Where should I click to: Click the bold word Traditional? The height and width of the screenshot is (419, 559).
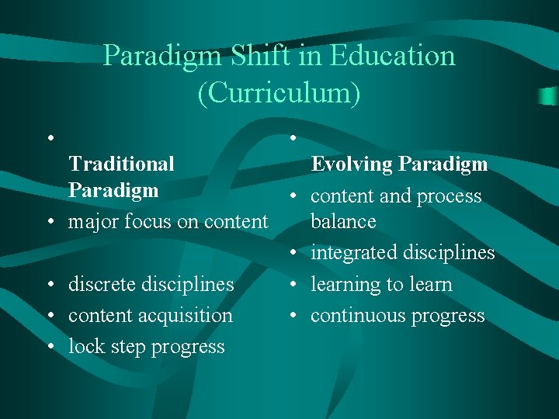[121, 164]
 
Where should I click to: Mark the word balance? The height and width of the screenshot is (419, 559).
[343, 222]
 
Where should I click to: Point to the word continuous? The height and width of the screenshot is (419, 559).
[353, 316]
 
